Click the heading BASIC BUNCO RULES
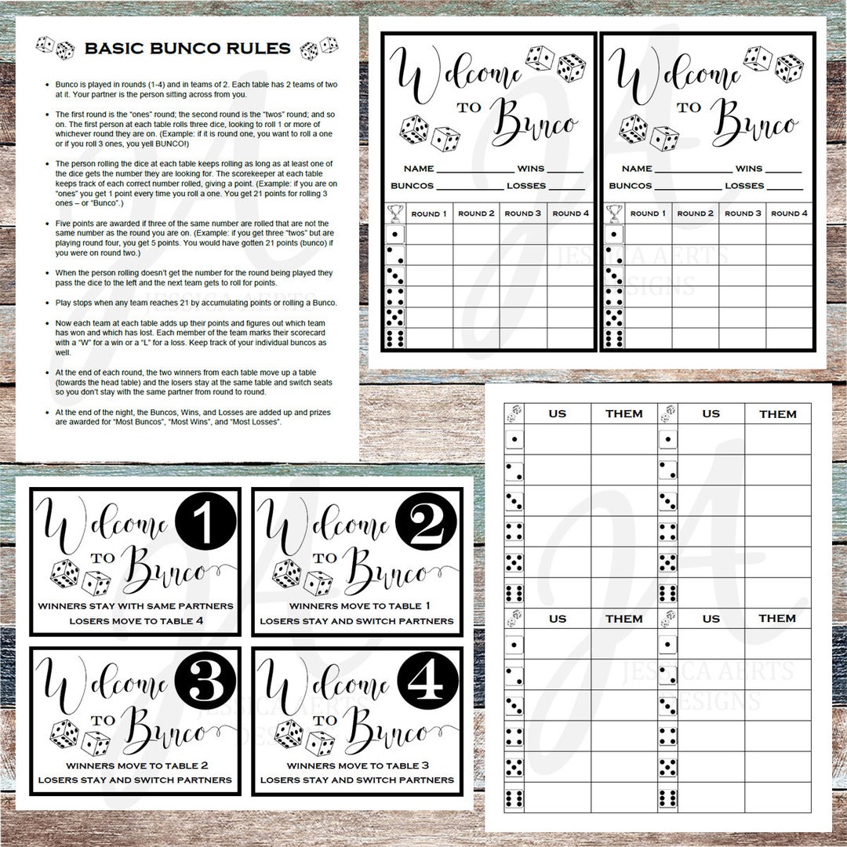click(x=187, y=48)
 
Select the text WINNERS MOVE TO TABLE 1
click(x=357, y=605)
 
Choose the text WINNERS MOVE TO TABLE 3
click(x=357, y=765)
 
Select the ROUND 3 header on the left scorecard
click(x=523, y=213)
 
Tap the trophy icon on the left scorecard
click(x=395, y=213)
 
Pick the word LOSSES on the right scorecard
click(x=744, y=186)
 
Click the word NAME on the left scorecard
click(x=419, y=169)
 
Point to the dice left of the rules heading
click(x=56, y=47)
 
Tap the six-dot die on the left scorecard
click(x=395, y=339)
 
